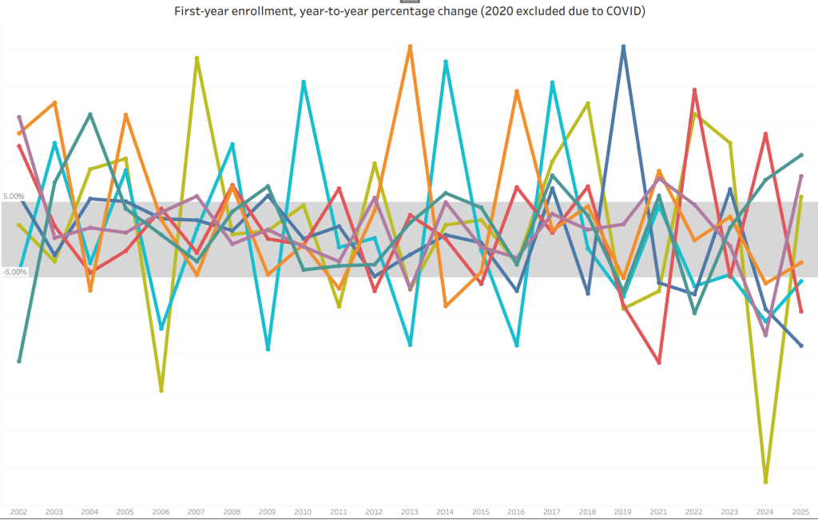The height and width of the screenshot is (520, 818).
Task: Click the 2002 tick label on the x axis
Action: pos(18,512)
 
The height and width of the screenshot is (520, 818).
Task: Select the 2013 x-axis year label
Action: pos(410,512)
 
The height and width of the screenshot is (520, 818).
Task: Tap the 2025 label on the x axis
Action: pos(800,512)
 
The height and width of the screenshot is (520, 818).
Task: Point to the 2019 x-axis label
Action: pos(623,512)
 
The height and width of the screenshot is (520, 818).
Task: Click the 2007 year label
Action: pos(197,512)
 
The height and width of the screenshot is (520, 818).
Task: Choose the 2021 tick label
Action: pos(658,512)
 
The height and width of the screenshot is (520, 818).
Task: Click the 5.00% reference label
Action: pos(14,196)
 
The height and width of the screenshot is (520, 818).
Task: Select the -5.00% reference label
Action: pos(14,272)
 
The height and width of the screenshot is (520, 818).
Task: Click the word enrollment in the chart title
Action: pos(266,12)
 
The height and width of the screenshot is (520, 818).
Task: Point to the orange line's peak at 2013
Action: pos(410,46)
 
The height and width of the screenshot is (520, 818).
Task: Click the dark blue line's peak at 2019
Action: pos(623,46)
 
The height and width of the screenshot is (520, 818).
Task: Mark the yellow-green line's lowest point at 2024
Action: pos(765,482)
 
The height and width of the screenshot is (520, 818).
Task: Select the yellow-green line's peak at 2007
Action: pos(197,58)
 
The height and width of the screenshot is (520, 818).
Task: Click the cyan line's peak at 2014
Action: pos(445,62)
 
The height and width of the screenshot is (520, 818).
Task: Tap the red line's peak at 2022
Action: pos(694,90)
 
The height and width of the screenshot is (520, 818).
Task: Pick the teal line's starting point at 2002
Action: pos(19,361)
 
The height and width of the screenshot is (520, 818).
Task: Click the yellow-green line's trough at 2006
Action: pos(161,391)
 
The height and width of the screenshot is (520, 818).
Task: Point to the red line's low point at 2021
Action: pos(659,363)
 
